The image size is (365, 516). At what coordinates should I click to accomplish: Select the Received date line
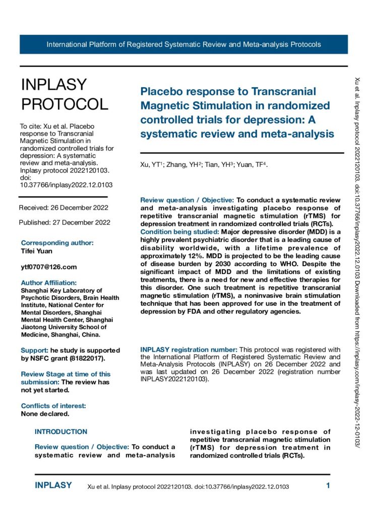63,208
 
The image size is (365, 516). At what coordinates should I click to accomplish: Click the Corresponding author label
57,242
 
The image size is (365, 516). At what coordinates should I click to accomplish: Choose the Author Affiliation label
49,283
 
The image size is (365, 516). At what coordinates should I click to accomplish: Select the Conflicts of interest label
53,405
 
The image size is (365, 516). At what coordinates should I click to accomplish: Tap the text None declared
45,414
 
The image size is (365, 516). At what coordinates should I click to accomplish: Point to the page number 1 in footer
328,486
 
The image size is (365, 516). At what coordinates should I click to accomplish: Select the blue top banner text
184,44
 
